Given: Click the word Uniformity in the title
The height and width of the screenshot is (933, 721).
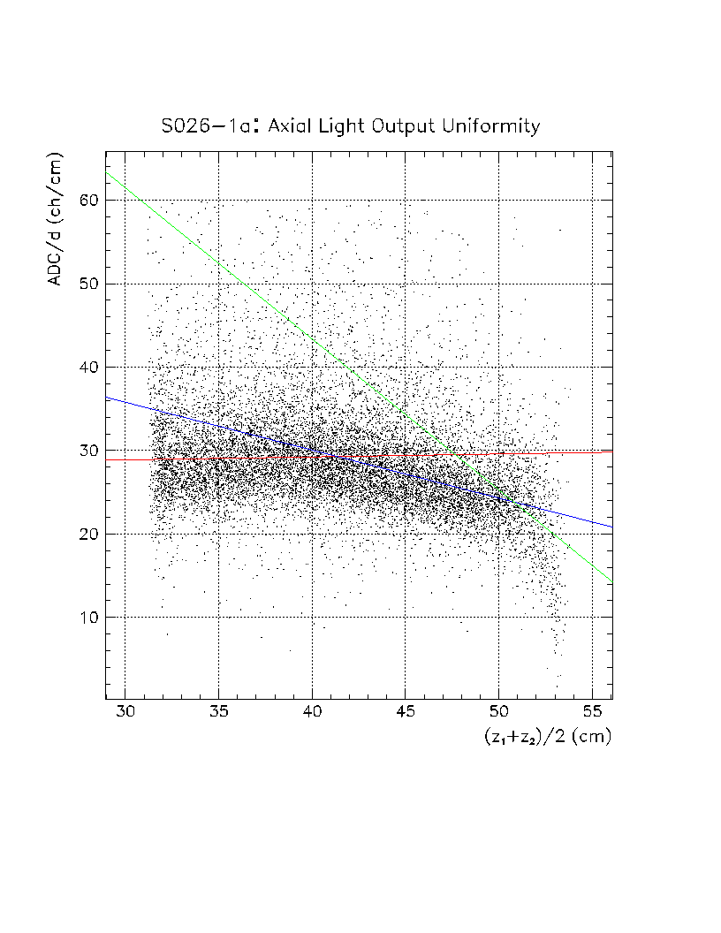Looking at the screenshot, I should pyautogui.click(x=491, y=126).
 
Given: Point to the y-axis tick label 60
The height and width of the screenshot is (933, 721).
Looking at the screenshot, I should pyautogui.click(x=85, y=201).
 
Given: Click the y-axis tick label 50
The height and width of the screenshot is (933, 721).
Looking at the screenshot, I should pyautogui.click(x=85, y=284).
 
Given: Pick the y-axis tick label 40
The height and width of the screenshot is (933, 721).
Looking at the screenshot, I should pyautogui.click(x=85, y=368).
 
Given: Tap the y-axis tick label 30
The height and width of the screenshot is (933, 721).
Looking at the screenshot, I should pyautogui.click(x=85, y=451).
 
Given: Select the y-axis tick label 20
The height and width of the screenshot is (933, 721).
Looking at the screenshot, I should pyautogui.click(x=85, y=535).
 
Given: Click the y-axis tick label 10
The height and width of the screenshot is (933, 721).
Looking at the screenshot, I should pyautogui.click(x=85, y=618).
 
